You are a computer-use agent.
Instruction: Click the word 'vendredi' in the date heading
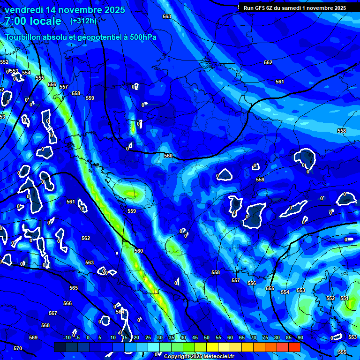(24, 10)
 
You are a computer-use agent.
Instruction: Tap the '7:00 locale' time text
(33, 21)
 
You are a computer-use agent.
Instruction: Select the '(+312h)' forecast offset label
(83, 21)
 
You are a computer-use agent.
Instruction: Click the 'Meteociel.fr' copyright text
(218, 356)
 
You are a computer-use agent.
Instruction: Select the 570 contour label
(18, 348)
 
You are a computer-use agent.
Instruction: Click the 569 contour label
(33, 337)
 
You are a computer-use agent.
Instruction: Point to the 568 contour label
(45, 325)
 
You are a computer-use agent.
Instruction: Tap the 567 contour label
(53, 313)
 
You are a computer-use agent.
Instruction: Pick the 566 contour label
(67, 303)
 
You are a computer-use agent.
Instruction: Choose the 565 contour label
(74, 288)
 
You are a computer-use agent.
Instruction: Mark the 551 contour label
(345, 298)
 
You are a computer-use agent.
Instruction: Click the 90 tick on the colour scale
(300, 337)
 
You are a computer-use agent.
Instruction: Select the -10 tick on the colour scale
(67, 337)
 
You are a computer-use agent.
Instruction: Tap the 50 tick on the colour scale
(207, 337)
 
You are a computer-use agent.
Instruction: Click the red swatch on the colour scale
(294, 347)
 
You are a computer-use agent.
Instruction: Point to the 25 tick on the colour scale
(148, 337)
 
